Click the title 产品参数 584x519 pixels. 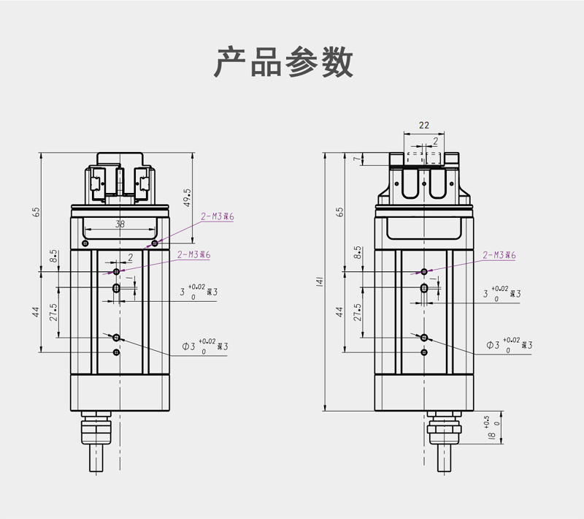284,63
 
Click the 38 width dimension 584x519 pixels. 120,224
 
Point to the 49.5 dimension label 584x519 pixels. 188,198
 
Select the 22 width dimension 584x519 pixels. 424,125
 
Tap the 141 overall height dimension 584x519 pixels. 319,282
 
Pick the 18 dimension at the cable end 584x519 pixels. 491,436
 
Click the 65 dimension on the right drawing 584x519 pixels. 339,212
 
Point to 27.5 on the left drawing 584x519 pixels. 53,312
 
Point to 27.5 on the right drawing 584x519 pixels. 357,312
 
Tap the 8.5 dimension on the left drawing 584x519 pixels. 53,256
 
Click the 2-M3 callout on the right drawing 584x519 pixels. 499,255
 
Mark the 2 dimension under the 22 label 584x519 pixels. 436,140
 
